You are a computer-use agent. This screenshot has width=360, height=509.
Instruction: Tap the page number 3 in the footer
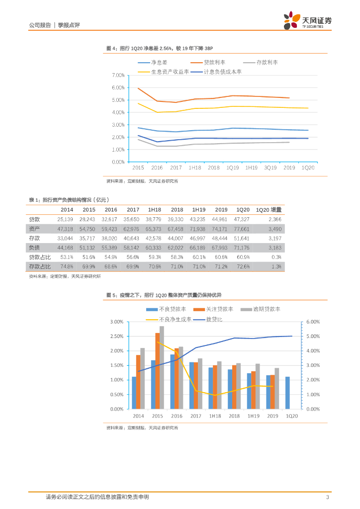click(327, 497)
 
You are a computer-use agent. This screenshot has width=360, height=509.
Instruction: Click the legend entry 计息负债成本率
click(223, 72)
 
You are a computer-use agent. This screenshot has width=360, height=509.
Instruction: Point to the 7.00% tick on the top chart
click(118, 75)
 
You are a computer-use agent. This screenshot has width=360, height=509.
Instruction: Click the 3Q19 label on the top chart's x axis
click(270, 168)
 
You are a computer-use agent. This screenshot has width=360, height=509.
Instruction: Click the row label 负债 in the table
click(34, 247)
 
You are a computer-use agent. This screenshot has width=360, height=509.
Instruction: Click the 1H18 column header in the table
click(153, 210)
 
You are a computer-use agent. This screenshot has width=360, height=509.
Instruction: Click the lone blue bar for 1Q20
click(287, 393)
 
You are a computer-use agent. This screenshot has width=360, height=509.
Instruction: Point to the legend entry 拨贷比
click(214, 319)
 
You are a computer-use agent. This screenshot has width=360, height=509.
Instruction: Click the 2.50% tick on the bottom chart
click(117, 337)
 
